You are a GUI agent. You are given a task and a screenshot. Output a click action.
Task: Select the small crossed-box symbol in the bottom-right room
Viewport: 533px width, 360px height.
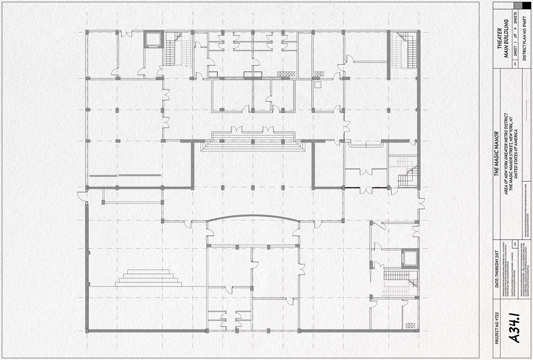pyautogui.click(x=410, y=325)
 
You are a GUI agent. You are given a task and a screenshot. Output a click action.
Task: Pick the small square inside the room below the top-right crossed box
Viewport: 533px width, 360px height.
pyautogui.click(x=317, y=85)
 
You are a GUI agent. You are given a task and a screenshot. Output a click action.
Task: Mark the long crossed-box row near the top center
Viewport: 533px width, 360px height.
pyautogui.click(x=286, y=73)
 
